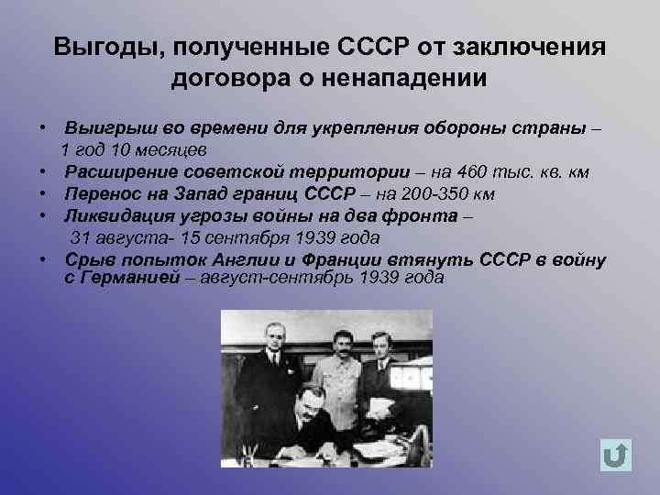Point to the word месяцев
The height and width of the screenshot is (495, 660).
tap(172, 149)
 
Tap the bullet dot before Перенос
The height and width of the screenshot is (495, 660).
tap(43, 193)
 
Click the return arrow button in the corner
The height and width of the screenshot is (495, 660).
tap(616, 455)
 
